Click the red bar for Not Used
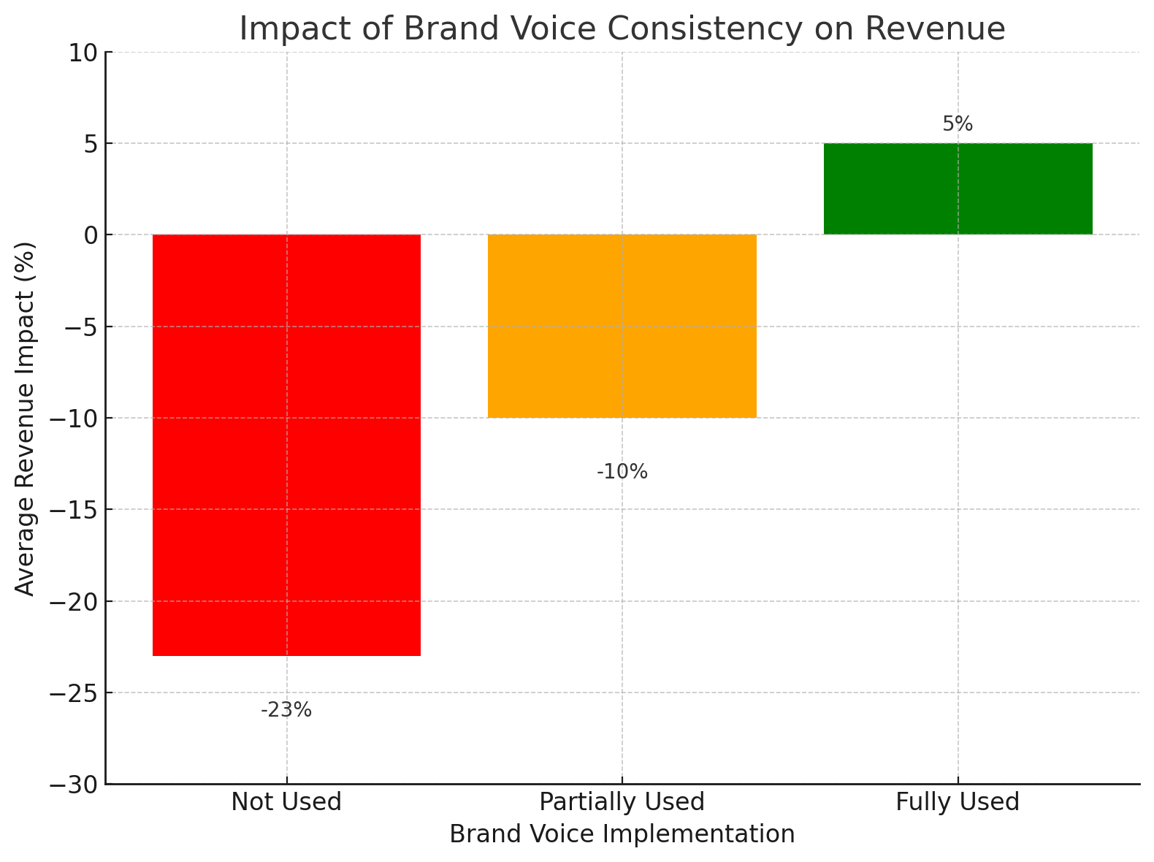[286, 445]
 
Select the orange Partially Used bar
[622, 326]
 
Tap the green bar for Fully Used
[958, 188]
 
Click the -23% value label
[286, 710]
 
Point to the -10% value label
[622, 472]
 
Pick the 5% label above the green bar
[958, 124]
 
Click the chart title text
[622, 29]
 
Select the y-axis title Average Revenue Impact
[25, 419]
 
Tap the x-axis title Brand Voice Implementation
[622, 834]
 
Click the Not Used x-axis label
[286, 802]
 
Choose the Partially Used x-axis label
[622, 802]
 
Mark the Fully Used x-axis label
[958, 802]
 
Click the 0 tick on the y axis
[91, 235]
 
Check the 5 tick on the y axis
[91, 144]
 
